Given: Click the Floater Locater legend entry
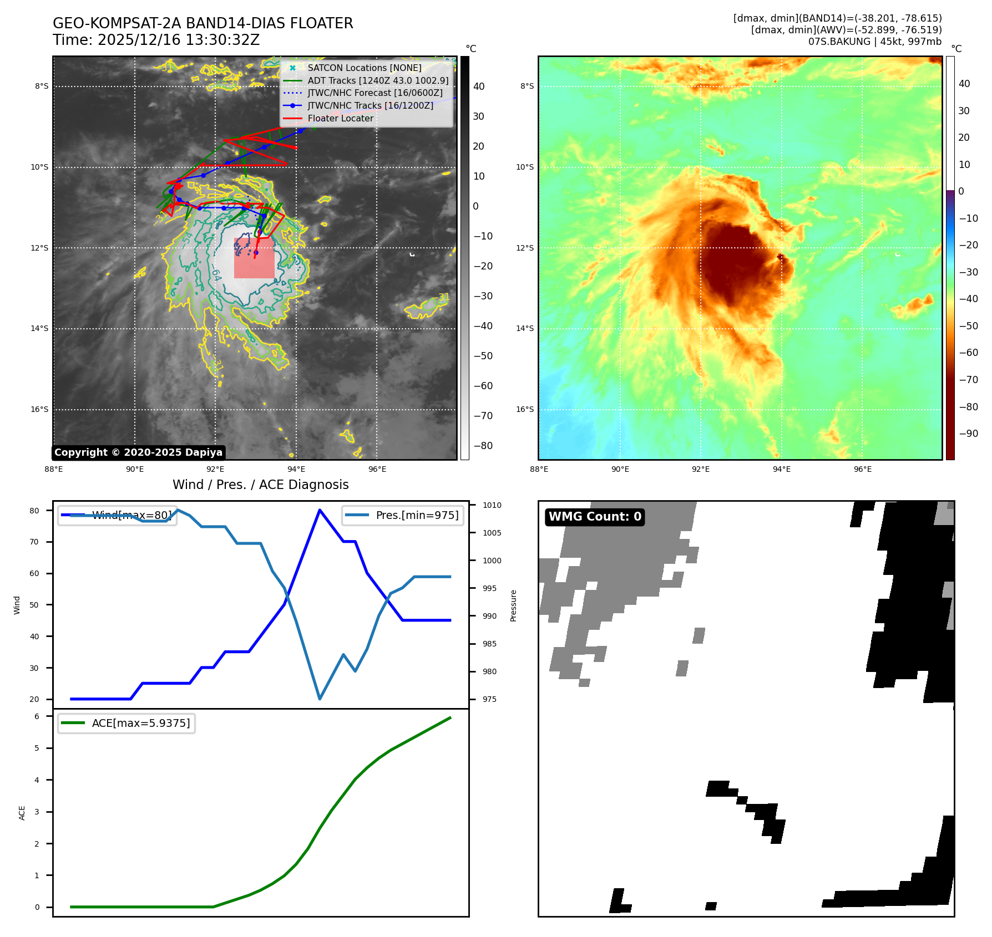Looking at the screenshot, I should (340, 118).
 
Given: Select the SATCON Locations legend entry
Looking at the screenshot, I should (364, 68).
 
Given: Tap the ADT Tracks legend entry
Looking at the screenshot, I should (378, 80).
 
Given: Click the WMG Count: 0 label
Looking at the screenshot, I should (595, 517).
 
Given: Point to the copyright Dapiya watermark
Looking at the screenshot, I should (138, 452).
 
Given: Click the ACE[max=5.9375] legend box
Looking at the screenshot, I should (126, 723).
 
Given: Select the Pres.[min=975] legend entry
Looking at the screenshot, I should (403, 515).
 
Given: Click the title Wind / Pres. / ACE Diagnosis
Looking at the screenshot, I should (261, 485).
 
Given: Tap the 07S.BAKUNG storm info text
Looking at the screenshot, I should (874, 42).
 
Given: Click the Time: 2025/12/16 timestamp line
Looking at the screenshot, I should (156, 40).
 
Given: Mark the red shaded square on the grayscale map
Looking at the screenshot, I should (254, 258).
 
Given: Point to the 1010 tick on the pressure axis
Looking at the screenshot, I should (492, 505).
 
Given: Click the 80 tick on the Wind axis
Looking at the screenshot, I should (34, 511).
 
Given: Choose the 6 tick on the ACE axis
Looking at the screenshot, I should (37, 716).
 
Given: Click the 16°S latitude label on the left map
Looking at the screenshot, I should (39, 409).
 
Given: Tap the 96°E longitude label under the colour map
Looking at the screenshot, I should (862, 469).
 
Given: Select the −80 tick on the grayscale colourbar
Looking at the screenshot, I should (483, 446).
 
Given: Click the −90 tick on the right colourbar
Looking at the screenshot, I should (969, 434).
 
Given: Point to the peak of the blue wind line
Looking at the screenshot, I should (320, 510).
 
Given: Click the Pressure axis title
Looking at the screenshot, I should (514, 605).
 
